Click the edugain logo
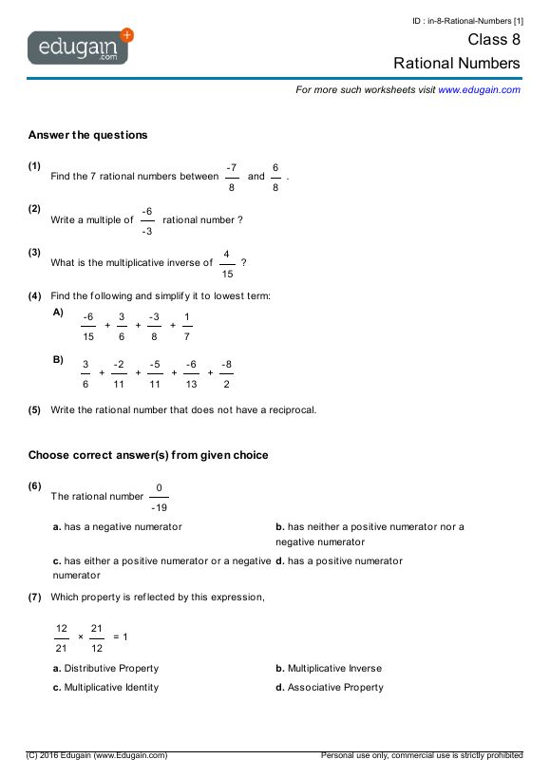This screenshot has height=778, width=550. point(80,47)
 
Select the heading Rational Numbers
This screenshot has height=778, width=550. point(457,64)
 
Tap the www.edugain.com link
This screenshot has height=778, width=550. point(479,89)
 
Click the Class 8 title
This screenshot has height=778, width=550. point(493,40)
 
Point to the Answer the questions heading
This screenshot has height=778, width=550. point(88,135)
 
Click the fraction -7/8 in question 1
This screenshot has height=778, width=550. point(232,177)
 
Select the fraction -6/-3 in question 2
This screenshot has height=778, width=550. point(147,220)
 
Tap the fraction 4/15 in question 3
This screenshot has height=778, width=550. point(226,263)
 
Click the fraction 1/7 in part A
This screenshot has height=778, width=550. point(187,326)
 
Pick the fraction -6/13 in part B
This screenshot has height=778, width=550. point(191,373)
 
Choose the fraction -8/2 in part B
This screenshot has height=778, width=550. point(226,373)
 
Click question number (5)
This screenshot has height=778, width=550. point(35,410)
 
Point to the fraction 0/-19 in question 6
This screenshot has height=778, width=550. point(159,497)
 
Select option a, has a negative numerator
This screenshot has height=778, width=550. point(118,526)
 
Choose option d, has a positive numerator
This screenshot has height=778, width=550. point(339,560)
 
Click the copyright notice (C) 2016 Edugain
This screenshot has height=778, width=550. point(98,755)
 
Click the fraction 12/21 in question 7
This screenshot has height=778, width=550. point(62,637)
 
